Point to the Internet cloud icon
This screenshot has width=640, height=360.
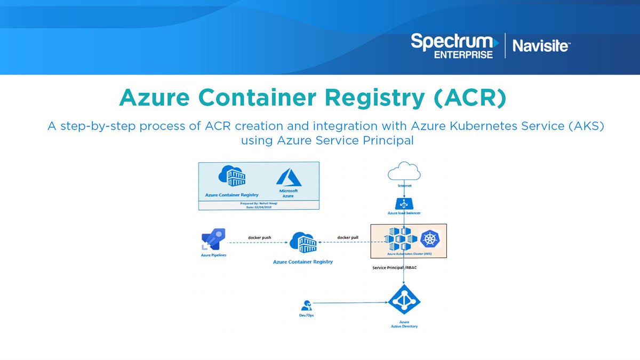click(404, 172)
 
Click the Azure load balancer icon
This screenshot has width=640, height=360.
click(404, 203)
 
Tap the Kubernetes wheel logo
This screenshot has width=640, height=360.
click(430, 239)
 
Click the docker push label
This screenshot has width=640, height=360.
click(260, 237)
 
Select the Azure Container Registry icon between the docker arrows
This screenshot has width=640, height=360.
click(303, 243)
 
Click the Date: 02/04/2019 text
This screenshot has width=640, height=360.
click(258, 207)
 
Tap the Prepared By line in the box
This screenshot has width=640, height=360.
click(258, 203)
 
